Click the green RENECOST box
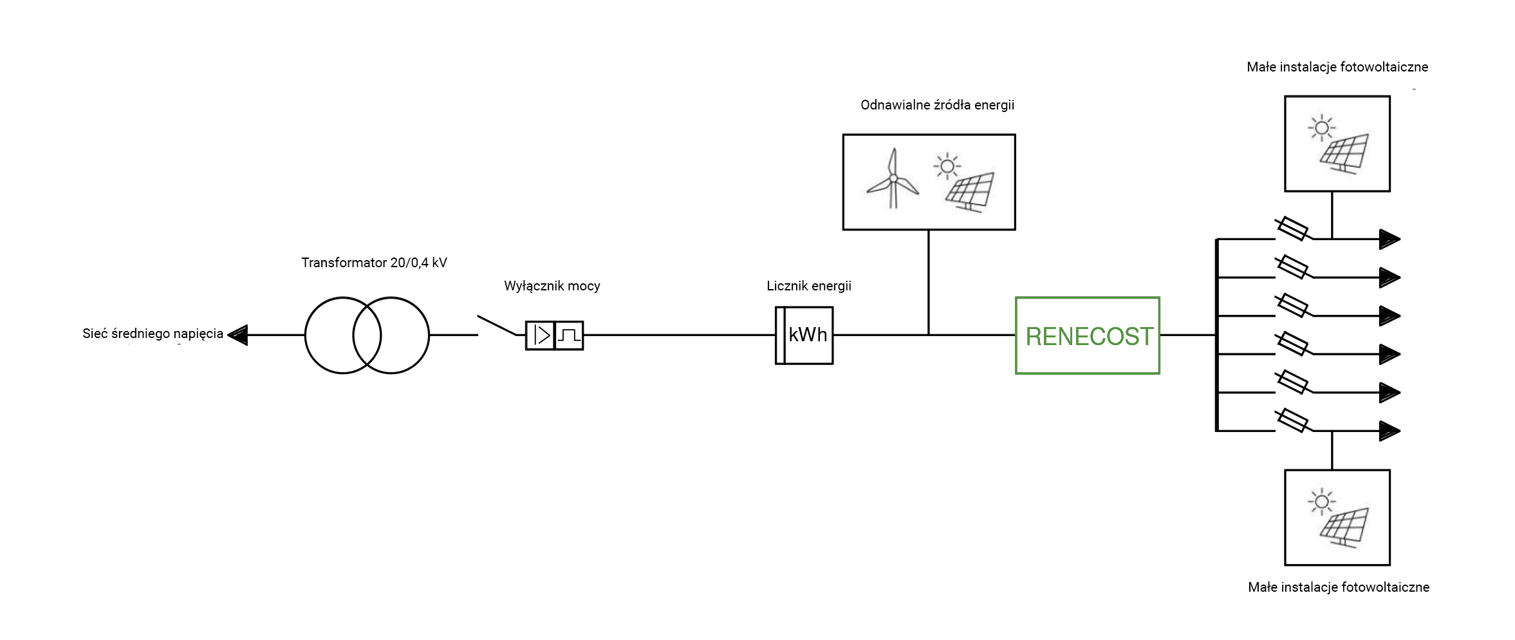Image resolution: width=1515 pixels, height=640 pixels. pos(1087,335)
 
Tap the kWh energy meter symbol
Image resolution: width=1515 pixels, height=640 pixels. pos(804,335)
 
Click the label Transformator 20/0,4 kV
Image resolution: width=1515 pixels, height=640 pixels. pos(374,263)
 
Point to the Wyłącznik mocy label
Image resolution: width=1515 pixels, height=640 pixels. pos(552,286)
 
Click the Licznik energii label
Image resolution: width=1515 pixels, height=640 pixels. pos(808,286)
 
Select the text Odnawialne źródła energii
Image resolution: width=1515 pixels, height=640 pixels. pos(937,105)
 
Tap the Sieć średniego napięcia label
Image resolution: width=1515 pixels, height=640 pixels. pos(153,334)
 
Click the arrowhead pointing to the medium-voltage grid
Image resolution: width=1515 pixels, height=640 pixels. pos(238,335)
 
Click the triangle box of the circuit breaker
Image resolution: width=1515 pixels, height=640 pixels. pos(541,335)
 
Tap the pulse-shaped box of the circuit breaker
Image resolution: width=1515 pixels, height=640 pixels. pos(569,335)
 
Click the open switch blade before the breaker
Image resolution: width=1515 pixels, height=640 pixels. pos(496,325)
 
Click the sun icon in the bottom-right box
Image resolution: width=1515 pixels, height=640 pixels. pos(1322,501)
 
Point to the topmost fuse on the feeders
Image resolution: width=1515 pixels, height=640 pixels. pos(1292,229)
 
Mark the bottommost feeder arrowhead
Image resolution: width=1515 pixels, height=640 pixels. pos(1389,431)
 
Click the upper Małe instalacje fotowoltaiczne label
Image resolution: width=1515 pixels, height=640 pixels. pos(1337,67)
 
